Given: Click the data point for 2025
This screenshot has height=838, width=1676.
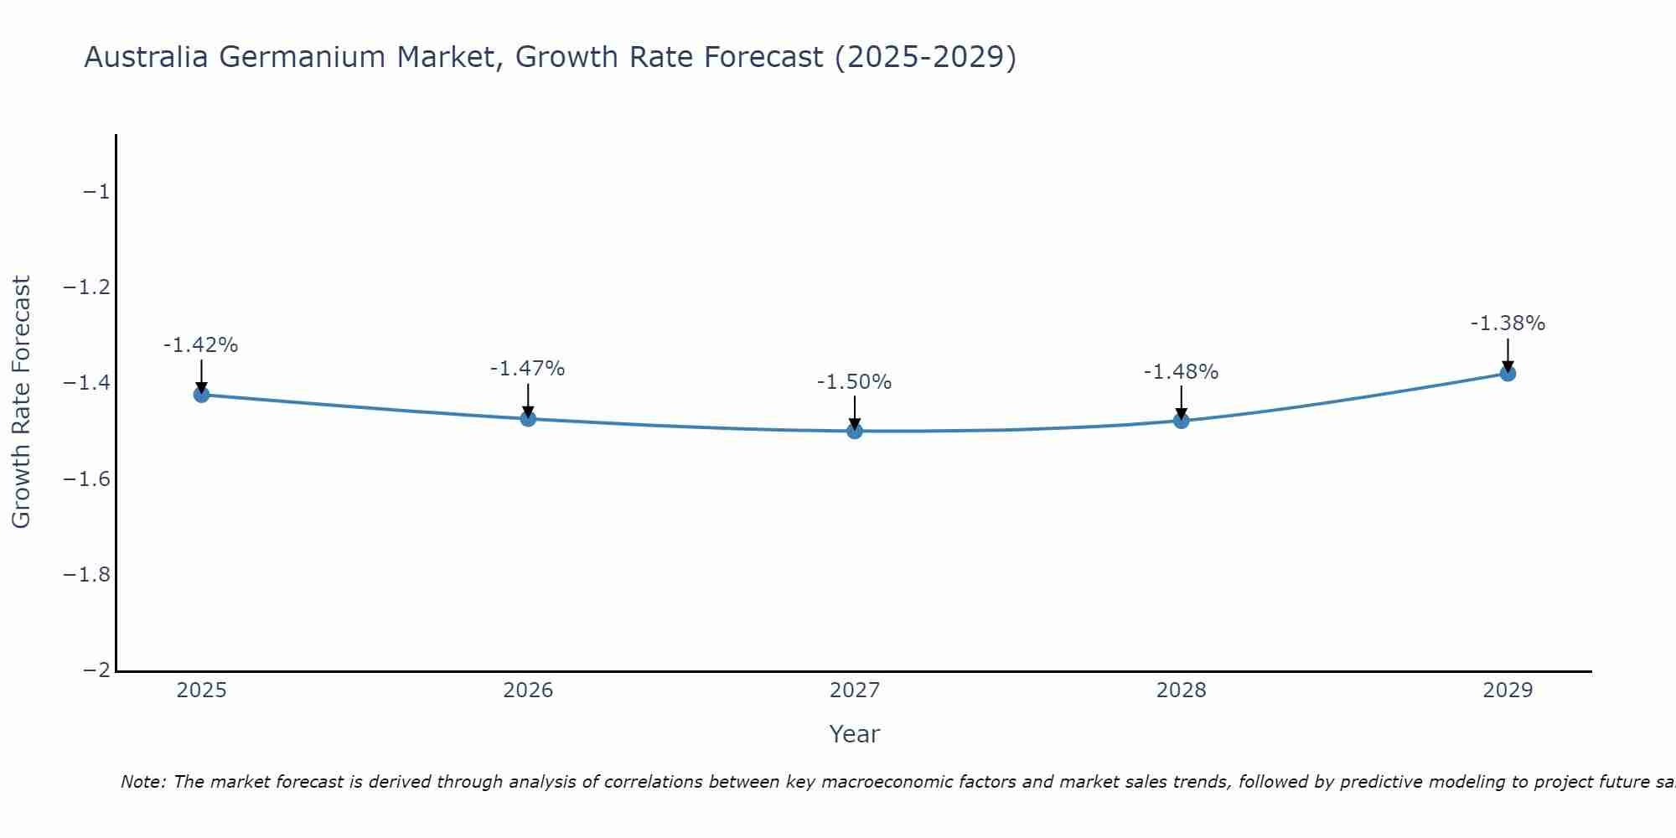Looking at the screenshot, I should pos(201,395).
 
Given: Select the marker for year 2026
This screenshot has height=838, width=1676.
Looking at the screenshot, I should pos(528,418).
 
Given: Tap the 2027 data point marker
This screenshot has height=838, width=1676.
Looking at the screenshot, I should pos(855,431).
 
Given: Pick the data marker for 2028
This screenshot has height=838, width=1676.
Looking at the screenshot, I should pos(1182,420).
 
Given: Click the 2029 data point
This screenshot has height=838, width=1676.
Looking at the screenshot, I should pos(1508,373).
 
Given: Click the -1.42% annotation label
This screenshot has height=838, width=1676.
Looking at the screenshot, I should pos(201,345).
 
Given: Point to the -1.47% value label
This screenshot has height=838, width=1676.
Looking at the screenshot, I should pos(528,369).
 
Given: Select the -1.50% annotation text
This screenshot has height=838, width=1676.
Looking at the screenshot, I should pos(855,382).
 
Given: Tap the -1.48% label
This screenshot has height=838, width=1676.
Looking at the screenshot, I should pos(1182,372).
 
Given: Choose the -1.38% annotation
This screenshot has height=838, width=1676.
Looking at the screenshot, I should pos(1508,323).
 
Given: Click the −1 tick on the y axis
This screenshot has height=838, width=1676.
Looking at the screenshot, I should pos(96,192).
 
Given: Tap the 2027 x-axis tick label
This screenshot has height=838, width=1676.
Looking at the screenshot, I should pos(855,691).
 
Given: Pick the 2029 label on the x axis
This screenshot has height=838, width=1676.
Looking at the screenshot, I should pos(1508,691).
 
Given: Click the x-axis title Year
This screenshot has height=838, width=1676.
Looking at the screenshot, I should pos(855,734).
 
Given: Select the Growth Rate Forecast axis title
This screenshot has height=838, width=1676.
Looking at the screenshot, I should pos(22,402).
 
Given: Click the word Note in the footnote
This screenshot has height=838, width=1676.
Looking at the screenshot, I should pos(142,782).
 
